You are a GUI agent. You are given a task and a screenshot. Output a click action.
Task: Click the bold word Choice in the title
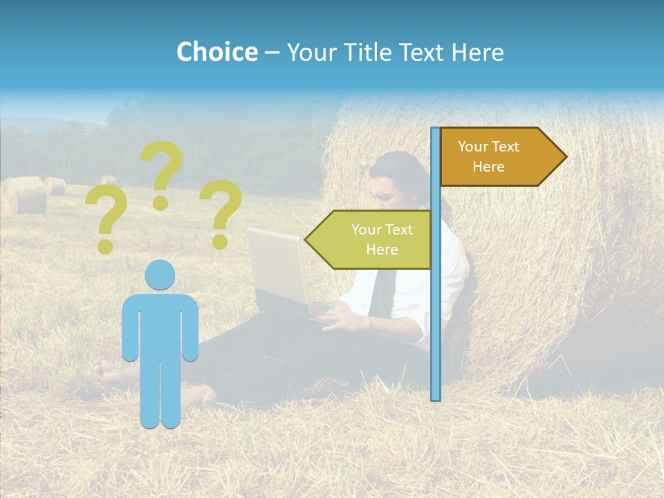pyautogui.click(x=216, y=52)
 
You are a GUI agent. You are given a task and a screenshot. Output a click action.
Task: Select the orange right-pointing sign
pyautogui.click(x=495, y=157)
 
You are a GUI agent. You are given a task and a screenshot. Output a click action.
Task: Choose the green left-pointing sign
pyautogui.click(x=373, y=239)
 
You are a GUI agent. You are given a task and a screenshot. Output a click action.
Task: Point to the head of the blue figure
pyautogui.click(x=160, y=275)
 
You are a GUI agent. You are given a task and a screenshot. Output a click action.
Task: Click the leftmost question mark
pyautogui.click(x=105, y=220)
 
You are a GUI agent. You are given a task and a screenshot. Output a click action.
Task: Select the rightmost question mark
pyautogui.click(x=221, y=213)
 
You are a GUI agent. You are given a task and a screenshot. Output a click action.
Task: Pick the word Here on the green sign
pyautogui.click(x=382, y=250)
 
